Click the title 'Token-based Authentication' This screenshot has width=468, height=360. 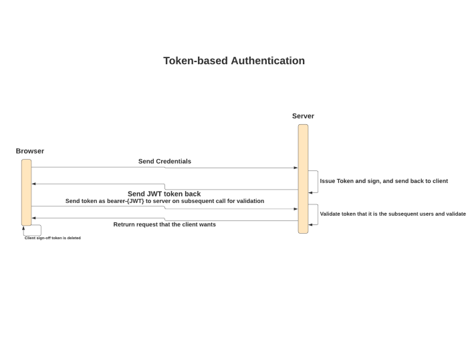point(234,61)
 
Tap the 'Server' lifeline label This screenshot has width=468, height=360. point(303,116)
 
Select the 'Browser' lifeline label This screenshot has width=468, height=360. point(30,151)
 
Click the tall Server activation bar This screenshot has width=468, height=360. point(303,178)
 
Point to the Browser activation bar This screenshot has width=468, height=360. point(26,192)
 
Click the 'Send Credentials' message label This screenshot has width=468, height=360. point(164,161)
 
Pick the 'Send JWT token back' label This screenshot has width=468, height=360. point(164,194)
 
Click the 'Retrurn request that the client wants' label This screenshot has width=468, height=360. point(164,224)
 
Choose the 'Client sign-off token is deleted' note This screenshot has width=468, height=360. point(53,238)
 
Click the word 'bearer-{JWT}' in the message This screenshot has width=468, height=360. point(127,201)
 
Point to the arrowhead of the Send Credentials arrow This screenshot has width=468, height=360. point(295,168)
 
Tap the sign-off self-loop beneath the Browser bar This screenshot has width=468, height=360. point(33,230)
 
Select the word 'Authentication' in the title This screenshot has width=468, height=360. point(267,61)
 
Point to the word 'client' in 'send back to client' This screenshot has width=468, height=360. point(439,181)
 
